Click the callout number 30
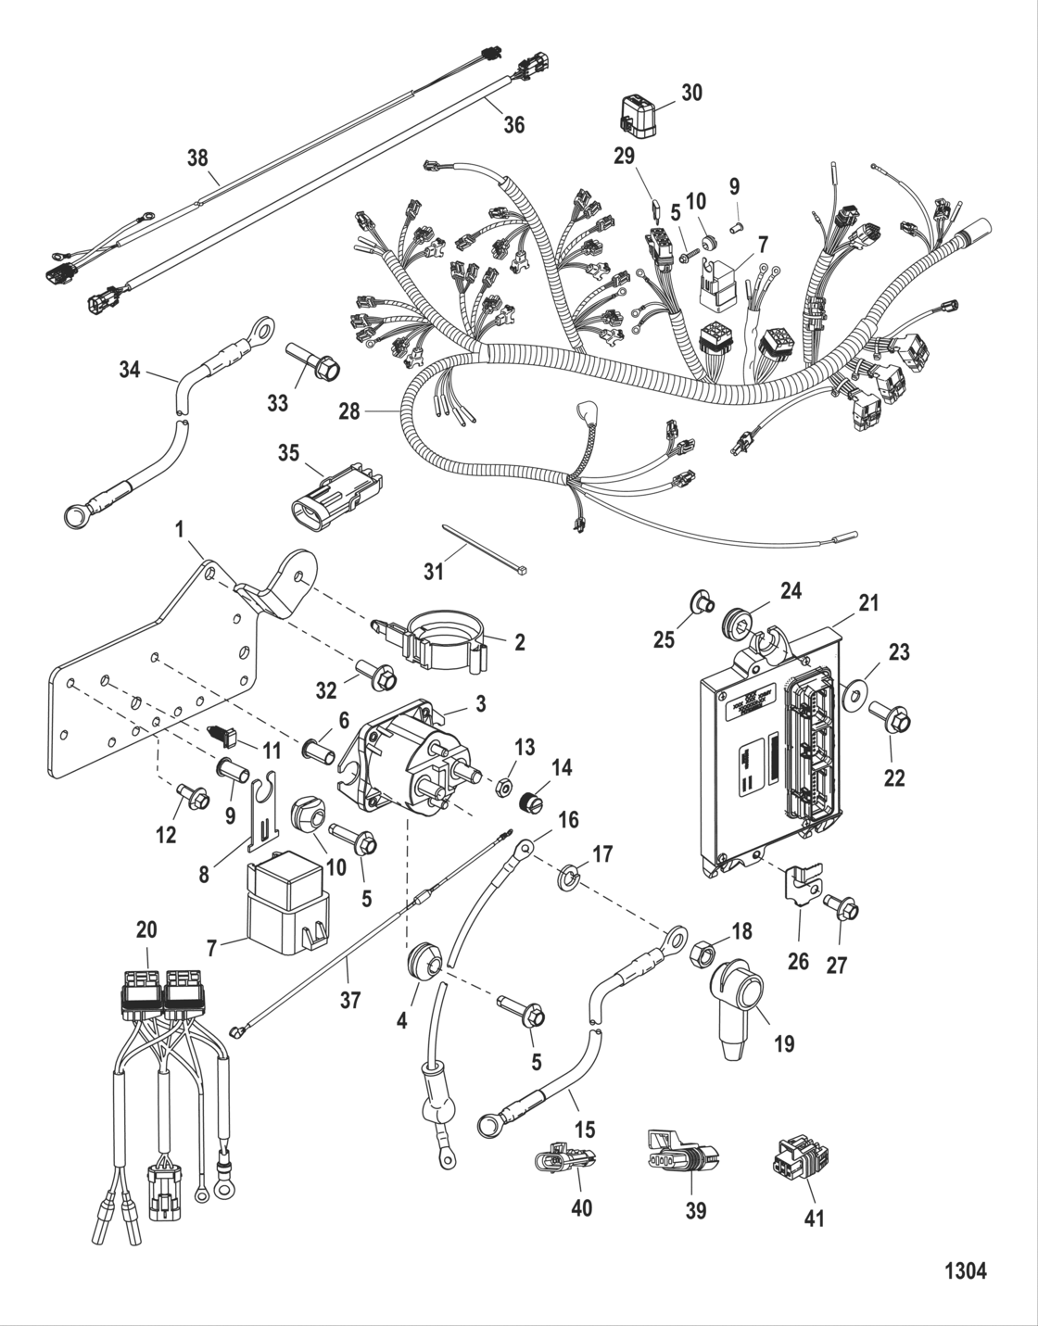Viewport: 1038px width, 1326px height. (691, 93)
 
